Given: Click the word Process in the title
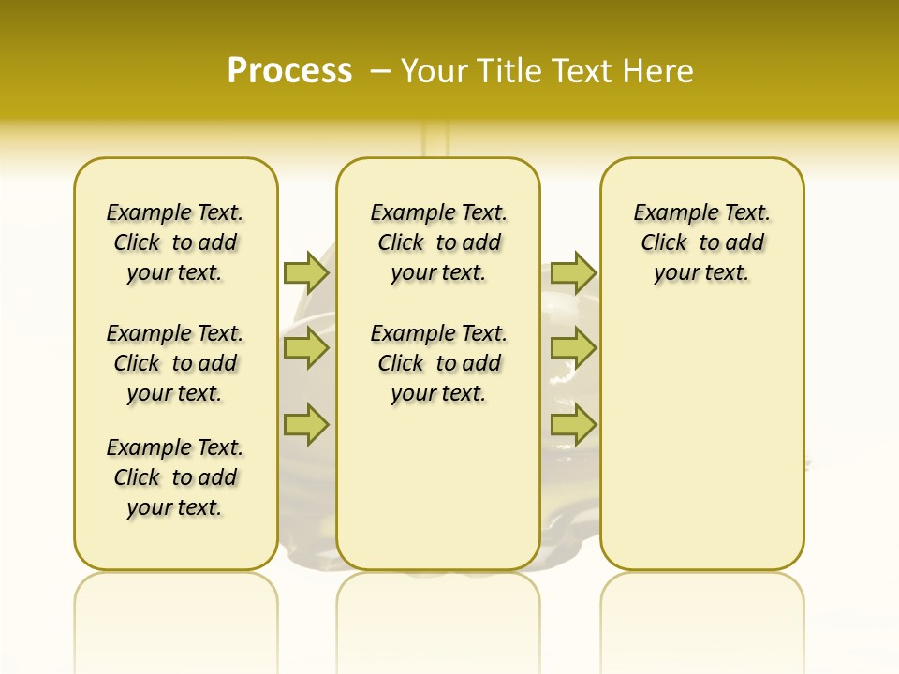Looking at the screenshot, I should coord(289,70).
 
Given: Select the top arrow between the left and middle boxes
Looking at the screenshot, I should coord(305,272).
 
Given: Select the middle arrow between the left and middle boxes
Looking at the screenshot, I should coord(305,348).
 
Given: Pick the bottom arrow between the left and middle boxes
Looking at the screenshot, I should coord(305,424).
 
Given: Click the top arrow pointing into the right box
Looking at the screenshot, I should coord(573,272).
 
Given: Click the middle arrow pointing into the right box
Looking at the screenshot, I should coord(573,348).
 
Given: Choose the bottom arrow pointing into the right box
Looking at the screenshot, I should coord(573,424).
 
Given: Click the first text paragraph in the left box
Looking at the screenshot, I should coord(175,242).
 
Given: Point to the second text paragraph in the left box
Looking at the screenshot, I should coord(175,363).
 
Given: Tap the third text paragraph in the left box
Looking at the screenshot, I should coord(175,477).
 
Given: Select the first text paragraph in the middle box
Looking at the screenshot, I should coord(438,242).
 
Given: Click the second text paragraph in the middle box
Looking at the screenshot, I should coord(438,363).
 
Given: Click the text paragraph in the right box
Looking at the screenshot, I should coord(701,242).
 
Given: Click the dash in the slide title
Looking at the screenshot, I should coord(380,71).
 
